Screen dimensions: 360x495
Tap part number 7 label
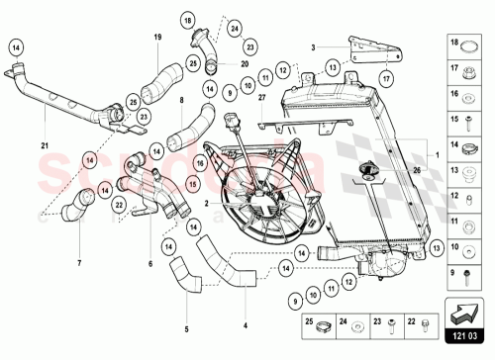click(77, 263)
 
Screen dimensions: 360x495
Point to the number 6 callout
click(150, 264)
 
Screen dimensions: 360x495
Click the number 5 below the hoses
click(185, 329)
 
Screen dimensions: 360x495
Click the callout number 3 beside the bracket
click(312, 46)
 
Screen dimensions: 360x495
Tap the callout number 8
click(182, 100)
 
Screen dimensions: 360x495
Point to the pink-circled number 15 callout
click(194, 183)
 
